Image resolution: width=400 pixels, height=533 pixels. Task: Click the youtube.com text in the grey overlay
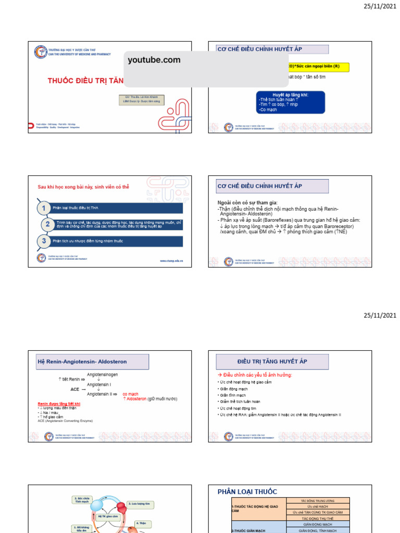point(154,60)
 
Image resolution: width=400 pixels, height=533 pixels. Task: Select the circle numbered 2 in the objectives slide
point(47,225)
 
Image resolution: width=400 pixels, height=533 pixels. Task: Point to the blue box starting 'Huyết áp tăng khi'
point(290,103)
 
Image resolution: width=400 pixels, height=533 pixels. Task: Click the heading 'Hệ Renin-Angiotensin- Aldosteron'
point(82,361)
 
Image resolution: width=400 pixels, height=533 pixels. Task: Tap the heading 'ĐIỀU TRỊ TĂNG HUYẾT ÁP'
point(272,361)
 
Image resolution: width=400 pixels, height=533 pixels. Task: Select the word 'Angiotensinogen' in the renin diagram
point(102,374)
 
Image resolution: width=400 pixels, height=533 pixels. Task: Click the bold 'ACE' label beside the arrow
point(75,389)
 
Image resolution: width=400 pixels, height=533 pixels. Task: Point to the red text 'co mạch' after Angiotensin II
point(130,394)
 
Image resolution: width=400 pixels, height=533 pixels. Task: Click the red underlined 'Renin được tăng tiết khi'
point(59,404)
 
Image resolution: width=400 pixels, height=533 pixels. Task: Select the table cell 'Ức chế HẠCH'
point(317,506)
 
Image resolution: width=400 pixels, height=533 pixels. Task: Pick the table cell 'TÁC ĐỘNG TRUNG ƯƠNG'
point(317,500)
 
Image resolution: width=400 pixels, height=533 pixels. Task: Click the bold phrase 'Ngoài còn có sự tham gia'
point(247,202)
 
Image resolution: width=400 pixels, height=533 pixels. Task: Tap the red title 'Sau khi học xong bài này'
point(83,186)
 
